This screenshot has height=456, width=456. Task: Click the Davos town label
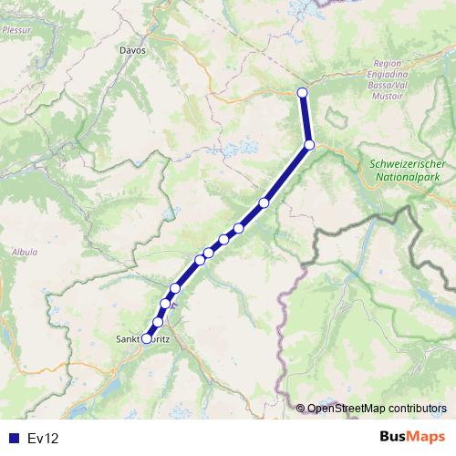132,52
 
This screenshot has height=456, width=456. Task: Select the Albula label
25,251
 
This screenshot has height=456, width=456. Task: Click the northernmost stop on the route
303,92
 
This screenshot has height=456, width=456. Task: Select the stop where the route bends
310,145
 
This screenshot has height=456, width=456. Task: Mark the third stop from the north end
264,202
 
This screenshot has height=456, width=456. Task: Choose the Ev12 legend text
43,439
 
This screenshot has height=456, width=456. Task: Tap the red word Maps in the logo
427,438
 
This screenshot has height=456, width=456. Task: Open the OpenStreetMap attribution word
343,409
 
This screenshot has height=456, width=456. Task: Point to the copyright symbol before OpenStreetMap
301,409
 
